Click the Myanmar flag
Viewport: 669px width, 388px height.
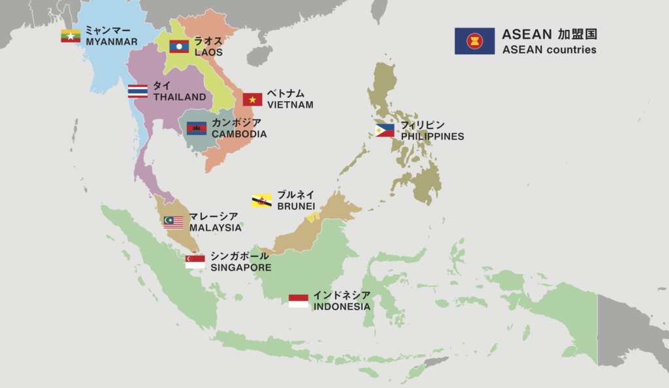pos(71,36)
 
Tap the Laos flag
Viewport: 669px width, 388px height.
pos(179,46)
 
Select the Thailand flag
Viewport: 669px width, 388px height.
pos(138,91)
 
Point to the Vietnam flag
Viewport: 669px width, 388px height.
pos(252,99)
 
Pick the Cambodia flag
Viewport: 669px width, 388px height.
pos(197,128)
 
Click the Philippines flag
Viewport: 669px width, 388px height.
pos(385,130)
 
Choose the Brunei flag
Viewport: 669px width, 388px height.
pos(262,200)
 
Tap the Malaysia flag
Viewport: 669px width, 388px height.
pos(173,222)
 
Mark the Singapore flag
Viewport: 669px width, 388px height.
pos(195,261)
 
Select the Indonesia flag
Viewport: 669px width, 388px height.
pos(299,301)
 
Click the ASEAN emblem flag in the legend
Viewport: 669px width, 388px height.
pos(474,41)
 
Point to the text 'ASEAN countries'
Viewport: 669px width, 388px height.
pos(549,50)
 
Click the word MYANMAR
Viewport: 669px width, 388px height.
pos(112,42)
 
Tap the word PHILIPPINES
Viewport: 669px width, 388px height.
pos(432,136)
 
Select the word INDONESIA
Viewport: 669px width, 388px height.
pos(342,306)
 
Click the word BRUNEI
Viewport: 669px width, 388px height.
pos(296,206)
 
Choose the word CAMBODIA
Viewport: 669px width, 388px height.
pos(239,134)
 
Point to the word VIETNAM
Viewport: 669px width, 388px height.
pos(290,104)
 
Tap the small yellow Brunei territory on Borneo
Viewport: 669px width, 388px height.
pos(312,216)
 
